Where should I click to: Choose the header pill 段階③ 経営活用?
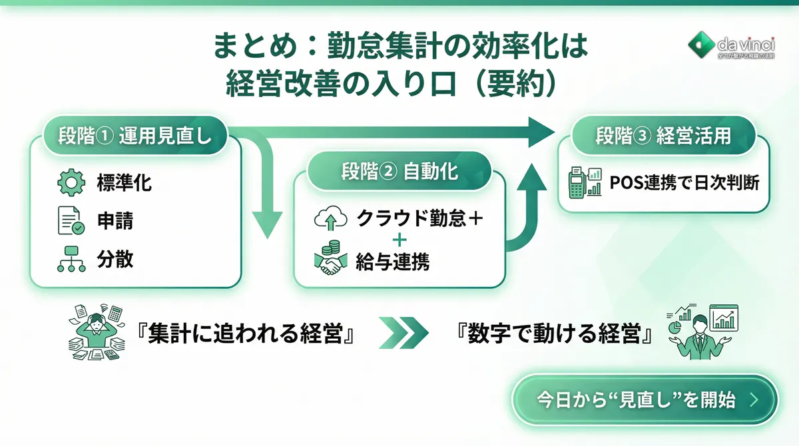[663, 136]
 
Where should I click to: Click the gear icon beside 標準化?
[71, 183]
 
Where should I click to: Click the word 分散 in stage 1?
[115, 260]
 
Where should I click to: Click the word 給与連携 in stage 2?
[393, 262]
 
